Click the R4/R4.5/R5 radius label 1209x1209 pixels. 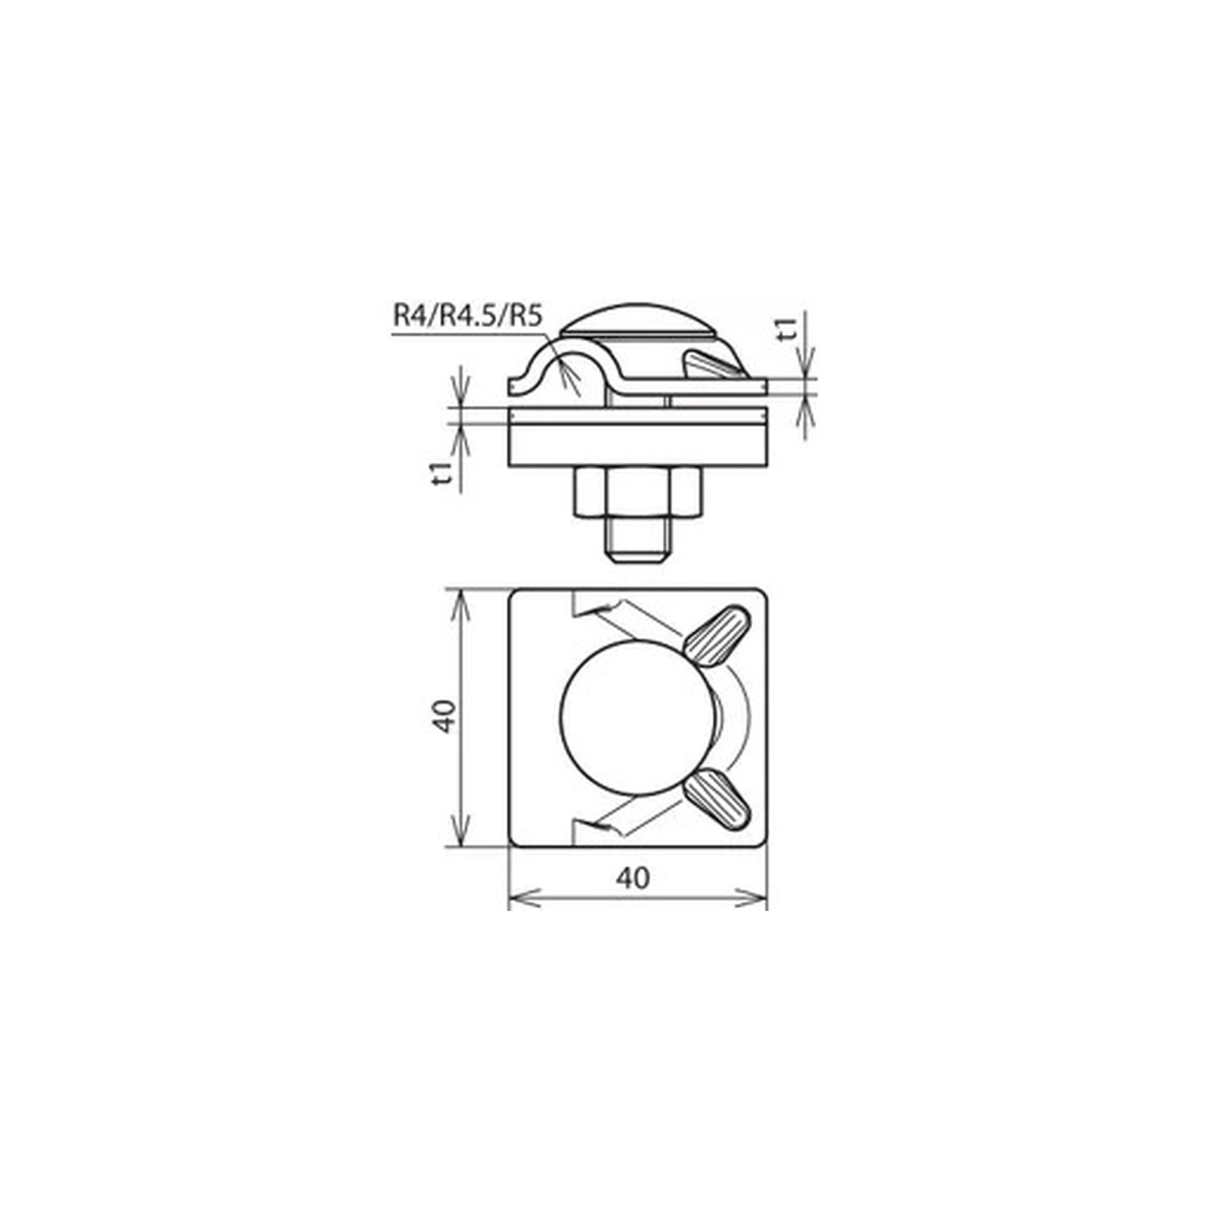tap(467, 316)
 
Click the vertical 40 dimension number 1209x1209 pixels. tap(444, 716)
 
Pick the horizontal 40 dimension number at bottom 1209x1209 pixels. tap(634, 878)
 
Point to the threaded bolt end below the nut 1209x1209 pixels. tap(638, 540)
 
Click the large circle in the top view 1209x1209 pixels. tap(637, 718)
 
